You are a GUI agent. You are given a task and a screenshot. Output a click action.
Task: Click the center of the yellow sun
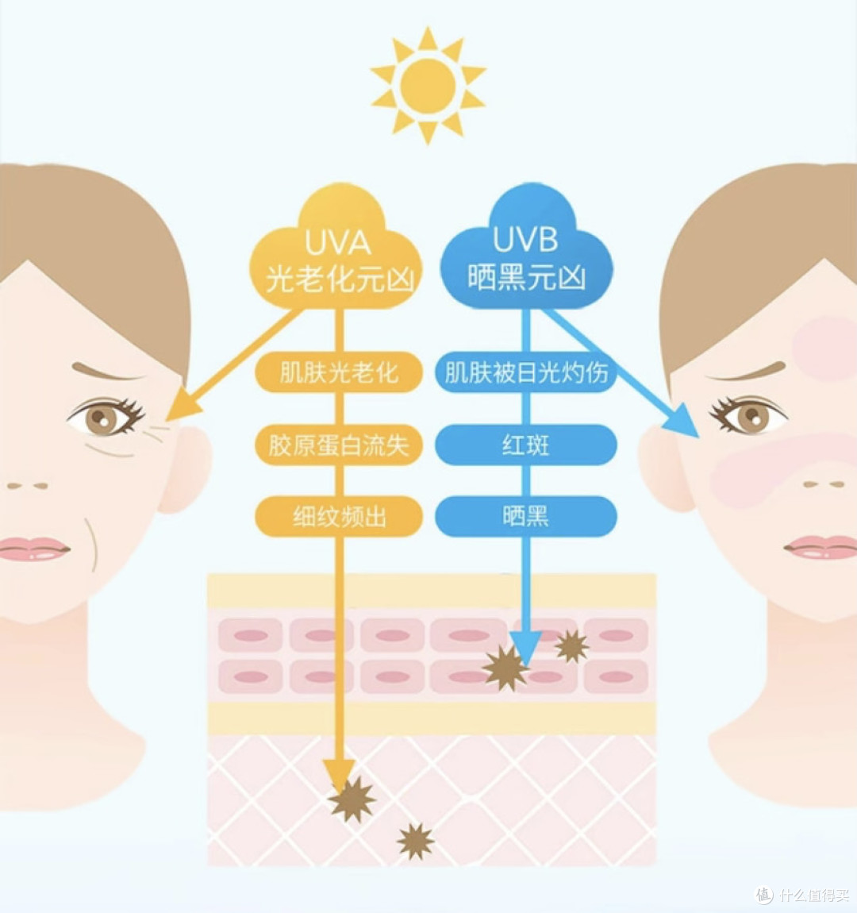pyautogui.click(x=428, y=86)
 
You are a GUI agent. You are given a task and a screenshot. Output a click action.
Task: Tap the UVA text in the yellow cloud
pyautogui.click(x=337, y=242)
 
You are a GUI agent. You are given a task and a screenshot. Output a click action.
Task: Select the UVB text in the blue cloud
pyautogui.click(x=525, y=239)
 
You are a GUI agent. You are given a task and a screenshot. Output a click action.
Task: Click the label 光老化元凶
pyautogui.click(x=339, y=279)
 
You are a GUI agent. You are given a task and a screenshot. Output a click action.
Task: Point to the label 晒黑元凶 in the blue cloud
pyautogui.click(x=526, y=276)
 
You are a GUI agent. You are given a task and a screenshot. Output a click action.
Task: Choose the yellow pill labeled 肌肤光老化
pyautogui.click(x=338, y=372)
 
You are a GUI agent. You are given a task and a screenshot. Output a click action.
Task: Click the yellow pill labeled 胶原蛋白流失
pyautogui.click(x=338, y=445)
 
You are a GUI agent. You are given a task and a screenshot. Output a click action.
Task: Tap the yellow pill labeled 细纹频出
pyautogui.click(x=338, y=517)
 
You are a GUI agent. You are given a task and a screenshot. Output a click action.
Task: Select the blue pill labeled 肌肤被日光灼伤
pyautogui.click(x=526, y=372)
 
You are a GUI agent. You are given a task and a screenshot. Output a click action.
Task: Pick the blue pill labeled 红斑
pyautogui.click(x=526, y=445)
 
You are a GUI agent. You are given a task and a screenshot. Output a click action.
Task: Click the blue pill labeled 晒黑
pyautogui.click(x=526, y=517)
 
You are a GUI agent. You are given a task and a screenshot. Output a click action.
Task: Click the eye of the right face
pyautogui.click(x=749, y=414)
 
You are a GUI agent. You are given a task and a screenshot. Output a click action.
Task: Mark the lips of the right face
pyautogui.click(x=821, y=547)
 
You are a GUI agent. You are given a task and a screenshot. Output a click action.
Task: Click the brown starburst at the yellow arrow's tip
pyautogui.click(x=352, y=799)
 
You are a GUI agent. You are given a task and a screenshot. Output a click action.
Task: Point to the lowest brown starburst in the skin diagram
pyautogui.click(x=415, y=841)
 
